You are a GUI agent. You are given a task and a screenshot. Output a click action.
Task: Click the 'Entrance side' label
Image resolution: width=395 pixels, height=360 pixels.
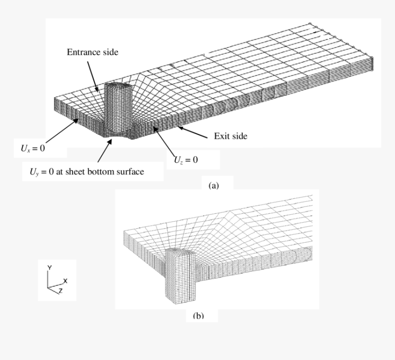pos(92,52)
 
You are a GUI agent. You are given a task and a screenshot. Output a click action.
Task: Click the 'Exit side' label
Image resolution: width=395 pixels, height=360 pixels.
pos(231,136)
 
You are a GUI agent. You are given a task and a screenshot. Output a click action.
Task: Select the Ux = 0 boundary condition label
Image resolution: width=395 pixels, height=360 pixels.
pos(33,148)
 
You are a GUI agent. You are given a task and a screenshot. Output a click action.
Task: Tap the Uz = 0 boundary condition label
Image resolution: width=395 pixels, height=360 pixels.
pos(186,160)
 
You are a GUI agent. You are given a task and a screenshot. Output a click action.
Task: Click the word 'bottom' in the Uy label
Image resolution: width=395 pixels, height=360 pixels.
pos(100,171)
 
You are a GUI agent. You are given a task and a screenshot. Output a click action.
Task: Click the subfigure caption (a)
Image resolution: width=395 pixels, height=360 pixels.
pos(214,186)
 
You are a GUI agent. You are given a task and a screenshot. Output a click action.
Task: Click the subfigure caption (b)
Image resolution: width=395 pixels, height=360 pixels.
pos(198,315)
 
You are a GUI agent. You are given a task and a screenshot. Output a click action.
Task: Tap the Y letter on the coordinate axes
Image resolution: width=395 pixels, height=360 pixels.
pos(50,268)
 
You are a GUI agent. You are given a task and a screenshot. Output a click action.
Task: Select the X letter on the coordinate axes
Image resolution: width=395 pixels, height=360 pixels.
pos(65,280)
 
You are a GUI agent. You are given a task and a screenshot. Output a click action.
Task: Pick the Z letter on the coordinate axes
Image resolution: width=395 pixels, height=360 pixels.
pos(61,291)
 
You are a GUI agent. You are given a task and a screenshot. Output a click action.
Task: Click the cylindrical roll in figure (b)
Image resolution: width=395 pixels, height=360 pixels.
pos(180,276)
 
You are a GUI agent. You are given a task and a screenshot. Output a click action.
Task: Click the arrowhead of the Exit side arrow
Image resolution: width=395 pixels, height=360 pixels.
pos(180,128)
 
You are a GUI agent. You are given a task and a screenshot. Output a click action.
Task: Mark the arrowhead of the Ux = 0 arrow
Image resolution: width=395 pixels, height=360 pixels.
pos(76,120)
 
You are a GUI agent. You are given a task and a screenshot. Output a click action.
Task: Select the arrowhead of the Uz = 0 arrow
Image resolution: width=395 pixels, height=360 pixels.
pos(155,128)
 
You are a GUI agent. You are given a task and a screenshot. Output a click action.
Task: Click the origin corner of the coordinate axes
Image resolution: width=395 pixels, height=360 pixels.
pos(48,287)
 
